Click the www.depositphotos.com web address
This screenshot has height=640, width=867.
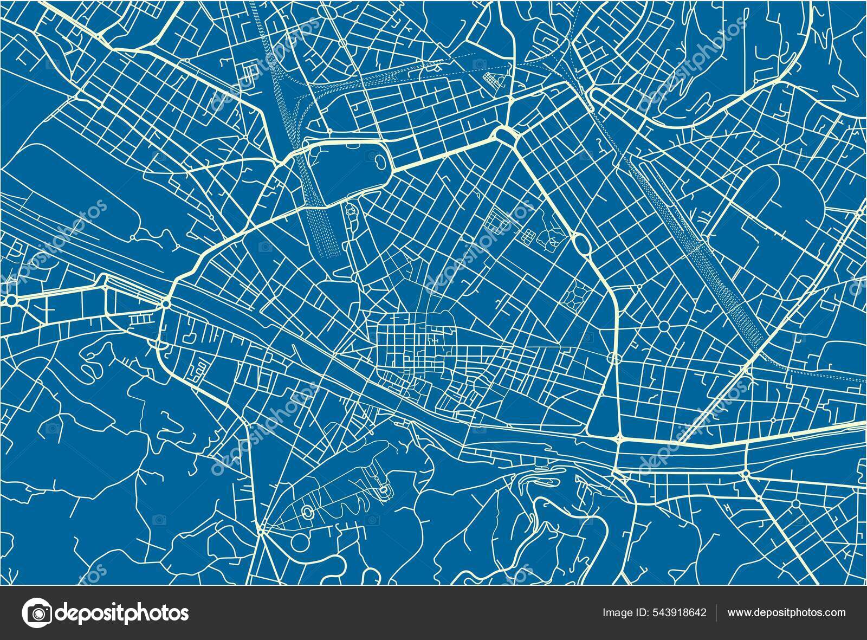786,613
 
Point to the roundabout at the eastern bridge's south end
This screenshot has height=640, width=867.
746,474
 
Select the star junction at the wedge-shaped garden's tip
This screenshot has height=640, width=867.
261,532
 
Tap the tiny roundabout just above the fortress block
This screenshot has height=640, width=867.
329,132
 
